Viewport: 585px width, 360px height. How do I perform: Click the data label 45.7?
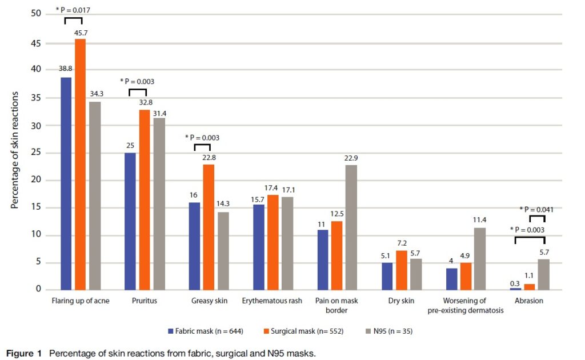pos(81,33)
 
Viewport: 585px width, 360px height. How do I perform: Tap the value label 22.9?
pos(352,158)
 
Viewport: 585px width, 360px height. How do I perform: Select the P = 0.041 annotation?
pos(537,210)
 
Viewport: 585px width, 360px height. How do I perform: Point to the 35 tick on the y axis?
pos(37,98)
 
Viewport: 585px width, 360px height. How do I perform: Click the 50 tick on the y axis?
pos(37,14)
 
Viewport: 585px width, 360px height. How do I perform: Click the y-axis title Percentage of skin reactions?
pos(15,150)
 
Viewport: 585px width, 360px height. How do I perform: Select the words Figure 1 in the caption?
pos(24,353)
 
